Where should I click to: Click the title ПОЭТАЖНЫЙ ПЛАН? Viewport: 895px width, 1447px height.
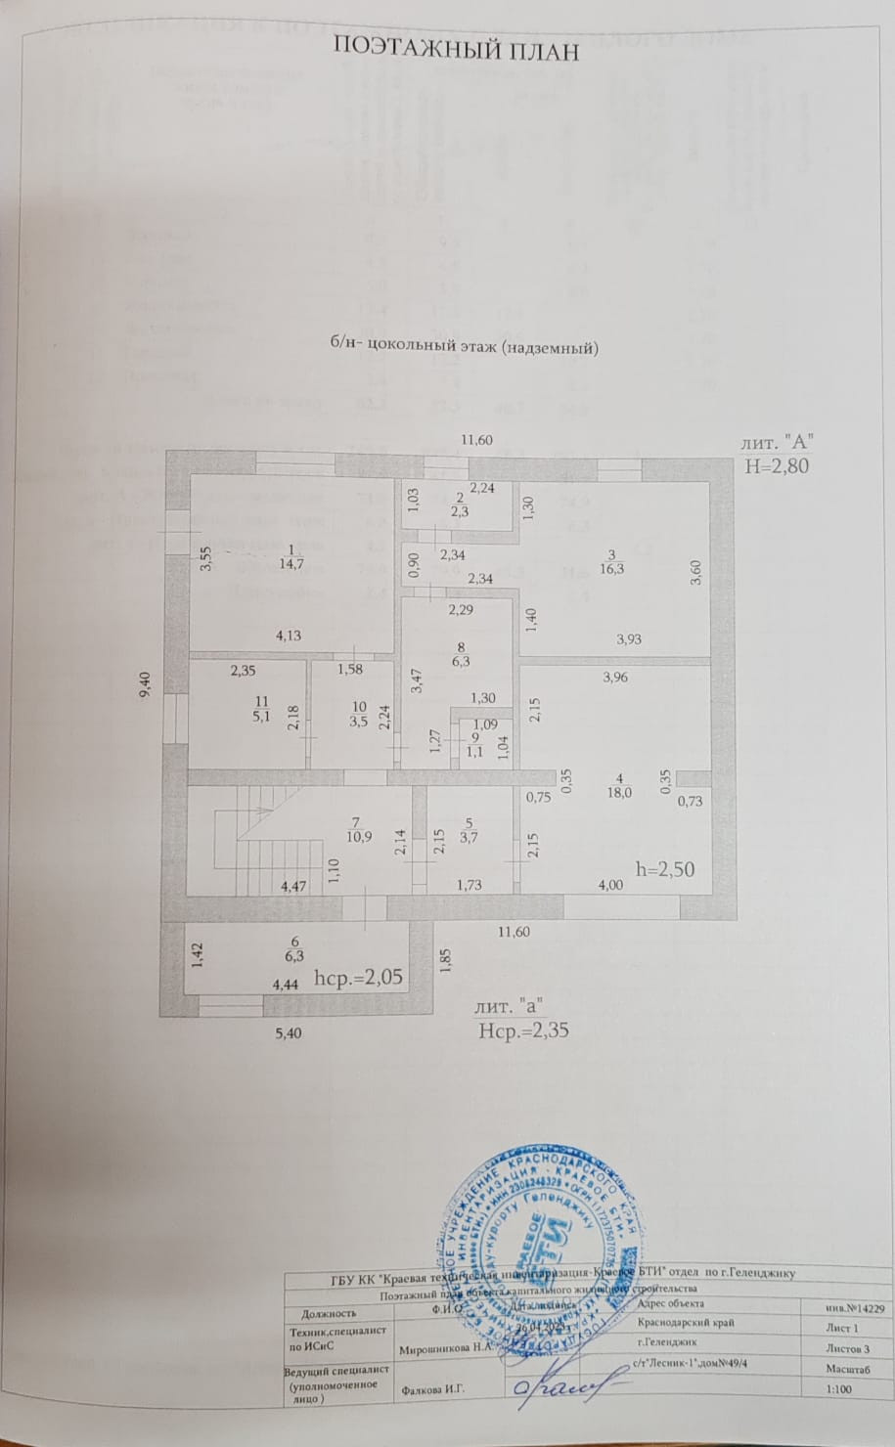pyautogui.click(x=457, y=50)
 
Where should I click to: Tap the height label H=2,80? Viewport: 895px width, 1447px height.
pyautogui.click(x=778, y=465)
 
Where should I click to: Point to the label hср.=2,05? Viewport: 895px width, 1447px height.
pyautogui.click(x=359, y=977)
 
